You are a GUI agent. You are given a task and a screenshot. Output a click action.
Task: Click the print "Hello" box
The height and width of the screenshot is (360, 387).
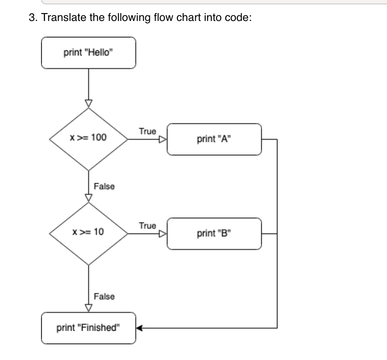(88, 53)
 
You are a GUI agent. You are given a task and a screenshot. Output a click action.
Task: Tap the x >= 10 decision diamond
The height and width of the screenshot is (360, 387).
(89, 232)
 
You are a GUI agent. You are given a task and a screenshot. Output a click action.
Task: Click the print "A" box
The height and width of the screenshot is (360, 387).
(214, 139)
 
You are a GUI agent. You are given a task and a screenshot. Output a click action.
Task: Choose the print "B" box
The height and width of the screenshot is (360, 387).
(214, 234)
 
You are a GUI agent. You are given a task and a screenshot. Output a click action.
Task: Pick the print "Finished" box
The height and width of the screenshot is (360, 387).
(88, 328)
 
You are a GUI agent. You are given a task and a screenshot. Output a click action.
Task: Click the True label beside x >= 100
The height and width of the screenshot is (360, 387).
(147, 131)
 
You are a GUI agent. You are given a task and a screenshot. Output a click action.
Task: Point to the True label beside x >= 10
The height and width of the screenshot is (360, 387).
(147, 225)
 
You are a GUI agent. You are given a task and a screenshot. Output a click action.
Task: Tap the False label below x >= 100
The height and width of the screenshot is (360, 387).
(104, 187)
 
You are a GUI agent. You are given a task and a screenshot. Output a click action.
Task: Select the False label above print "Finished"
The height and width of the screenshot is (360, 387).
(104, 297)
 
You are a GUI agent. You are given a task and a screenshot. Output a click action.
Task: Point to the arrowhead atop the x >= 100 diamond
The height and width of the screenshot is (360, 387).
(89, 103)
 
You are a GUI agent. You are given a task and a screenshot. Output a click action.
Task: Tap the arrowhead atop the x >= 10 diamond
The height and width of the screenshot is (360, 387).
(89, 198)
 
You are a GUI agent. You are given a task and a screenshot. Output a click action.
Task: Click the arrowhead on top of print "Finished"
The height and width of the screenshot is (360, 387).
(89, 308)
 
